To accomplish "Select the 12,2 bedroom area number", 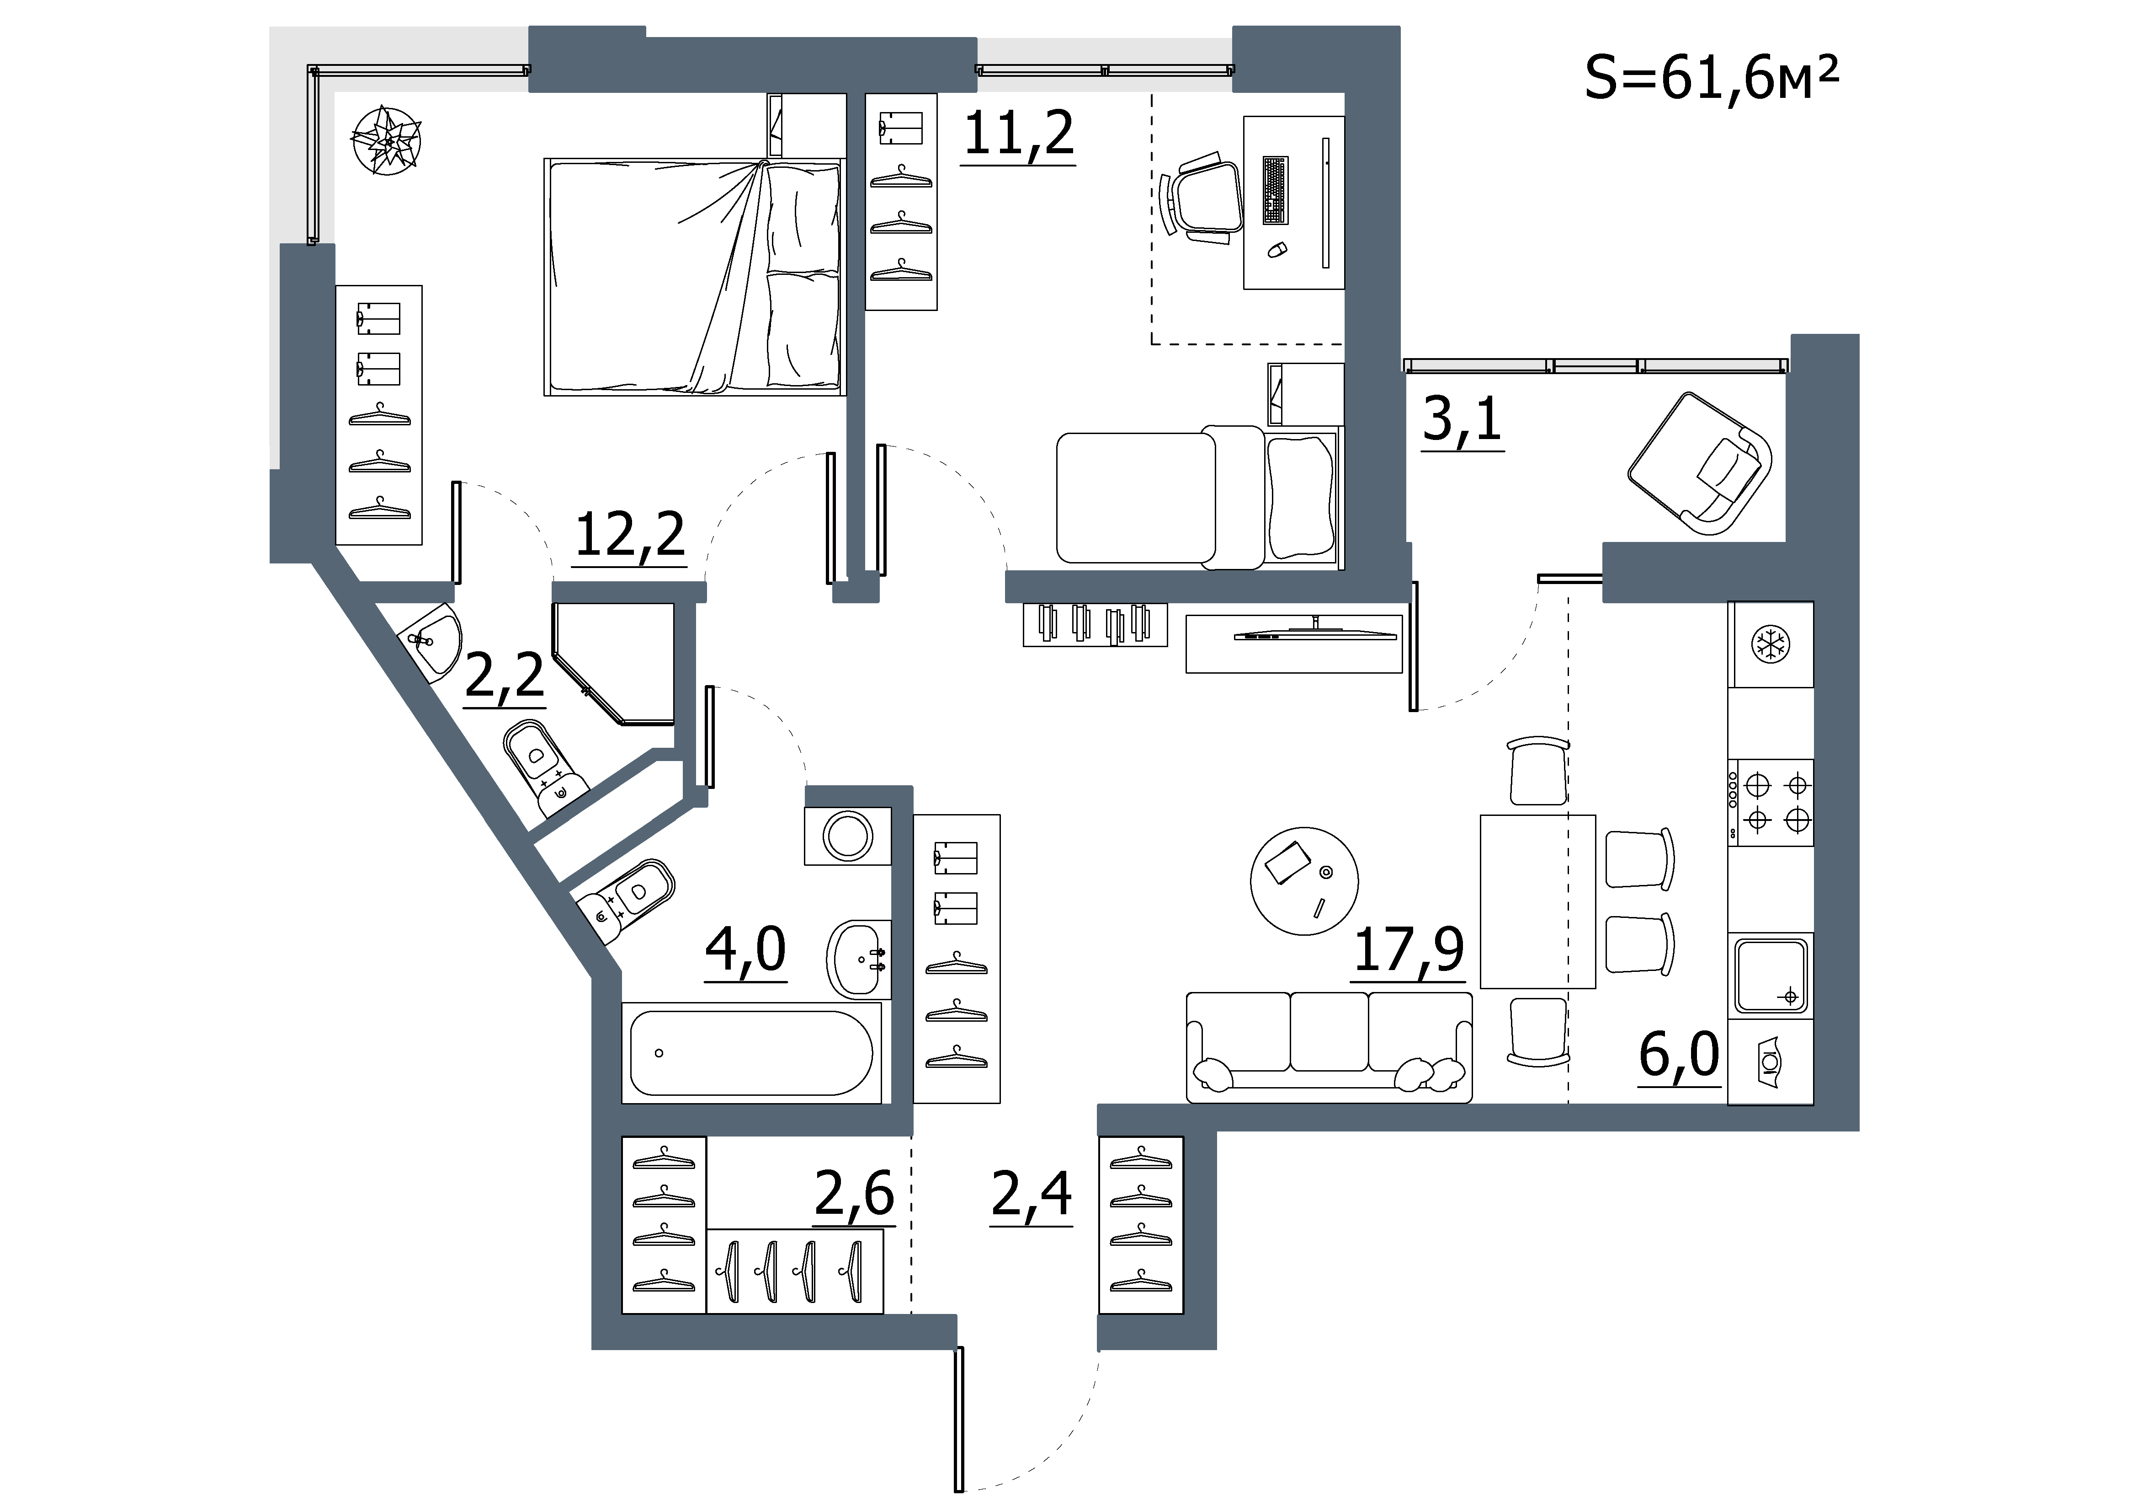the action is [x=630, y=536].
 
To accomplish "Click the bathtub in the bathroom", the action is [x=751, y=1053].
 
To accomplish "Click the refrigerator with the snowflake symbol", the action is [x=1770, y=645].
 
